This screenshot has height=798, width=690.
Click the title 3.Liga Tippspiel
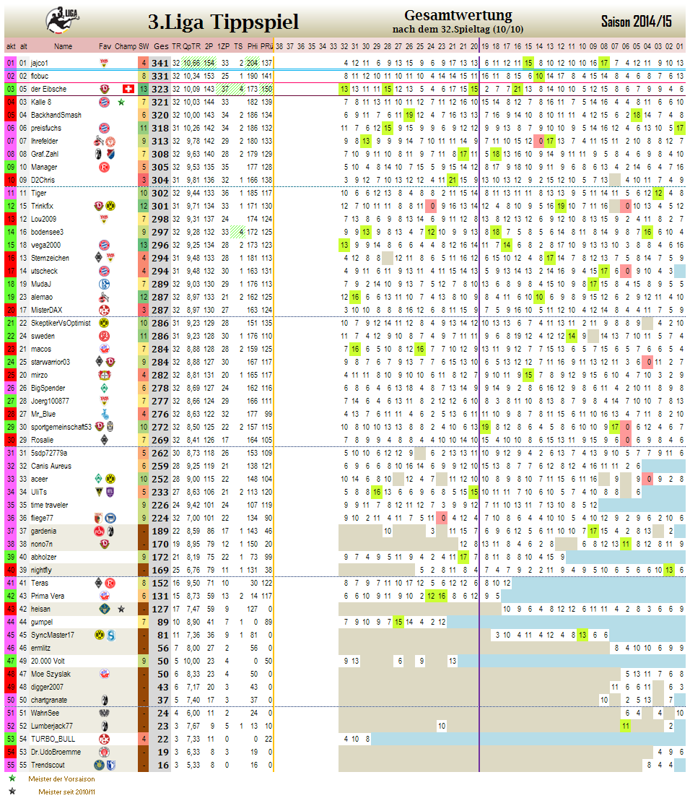pos(223,22)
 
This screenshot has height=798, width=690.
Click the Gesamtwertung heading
pos(458,15)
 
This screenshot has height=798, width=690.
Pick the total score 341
pos(160,63)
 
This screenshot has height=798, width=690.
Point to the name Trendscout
pos(48,765)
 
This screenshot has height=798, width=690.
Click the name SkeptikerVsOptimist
pos(61,323)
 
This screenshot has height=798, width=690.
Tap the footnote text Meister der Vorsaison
pos(61,779)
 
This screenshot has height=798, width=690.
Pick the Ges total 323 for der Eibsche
pos(160,89)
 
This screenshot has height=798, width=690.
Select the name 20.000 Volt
pos(48,661)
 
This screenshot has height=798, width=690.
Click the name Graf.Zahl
pos(45,154)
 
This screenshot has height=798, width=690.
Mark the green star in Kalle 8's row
pos(121,102)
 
